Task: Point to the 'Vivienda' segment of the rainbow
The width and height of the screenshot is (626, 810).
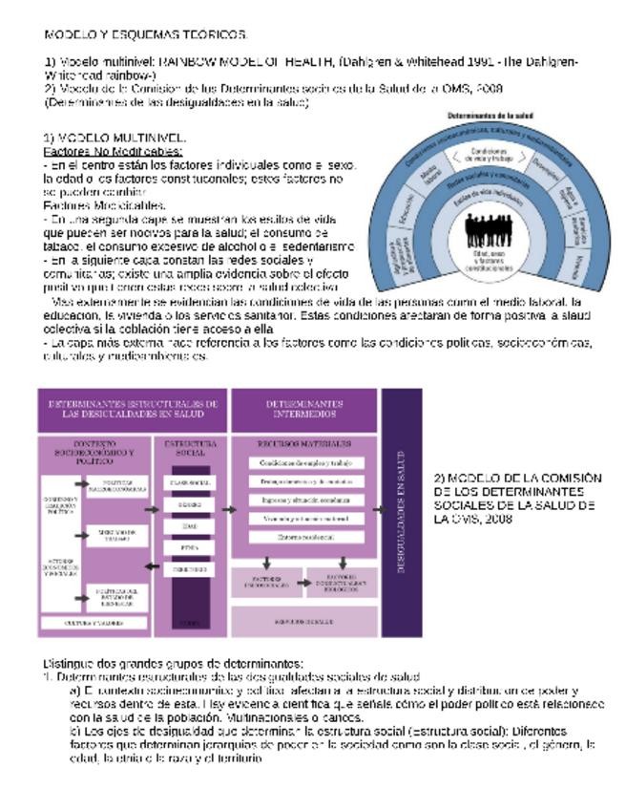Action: tap(580, 270)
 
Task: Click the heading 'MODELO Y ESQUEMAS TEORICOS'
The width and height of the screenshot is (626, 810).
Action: tap(146, 34)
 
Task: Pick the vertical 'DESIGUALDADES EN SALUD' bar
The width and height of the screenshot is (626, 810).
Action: tap(401, 512)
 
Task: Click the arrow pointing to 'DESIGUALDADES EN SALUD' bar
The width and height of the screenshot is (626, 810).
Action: tap(378, 509)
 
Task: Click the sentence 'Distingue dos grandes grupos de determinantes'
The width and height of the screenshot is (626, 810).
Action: tap(173, 663)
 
